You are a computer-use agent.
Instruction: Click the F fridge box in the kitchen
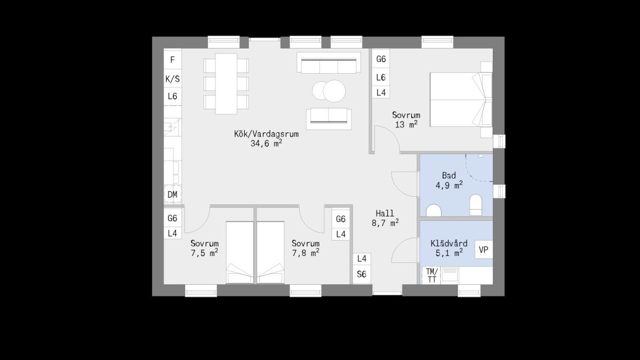[x=173, y=60]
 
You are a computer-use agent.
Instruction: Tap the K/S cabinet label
[x=173, y=78]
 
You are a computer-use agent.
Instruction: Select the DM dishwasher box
[x=172, y=195]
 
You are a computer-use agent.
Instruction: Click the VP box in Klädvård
[x=484, y=250]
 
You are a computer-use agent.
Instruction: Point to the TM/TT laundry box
[x=431, y=275]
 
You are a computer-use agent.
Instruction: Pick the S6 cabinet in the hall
[x=362, y=274]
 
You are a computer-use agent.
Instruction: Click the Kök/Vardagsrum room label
[x=266, y=134]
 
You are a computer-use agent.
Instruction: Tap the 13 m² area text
[x=406, y=124]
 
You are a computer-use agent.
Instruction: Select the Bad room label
[x=449, y=175]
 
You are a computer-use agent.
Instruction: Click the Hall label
[x=385, y=213]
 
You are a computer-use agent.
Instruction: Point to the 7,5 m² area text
[x=205, y=253]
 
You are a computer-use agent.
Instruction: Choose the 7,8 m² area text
[x=306, y=253]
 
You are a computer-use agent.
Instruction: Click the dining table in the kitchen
[x=226, y=84]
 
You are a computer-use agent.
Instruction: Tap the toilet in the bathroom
[x=476, y=205]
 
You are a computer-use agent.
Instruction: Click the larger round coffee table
[x=334, y=91]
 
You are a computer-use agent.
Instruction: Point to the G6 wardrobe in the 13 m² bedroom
[x=381, y=59]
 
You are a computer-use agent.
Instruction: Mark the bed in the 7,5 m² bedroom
[x=239, y=253]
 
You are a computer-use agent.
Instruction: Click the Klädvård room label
[x=449, y=243]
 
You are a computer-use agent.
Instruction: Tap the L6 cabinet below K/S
[x=173, y=97]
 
